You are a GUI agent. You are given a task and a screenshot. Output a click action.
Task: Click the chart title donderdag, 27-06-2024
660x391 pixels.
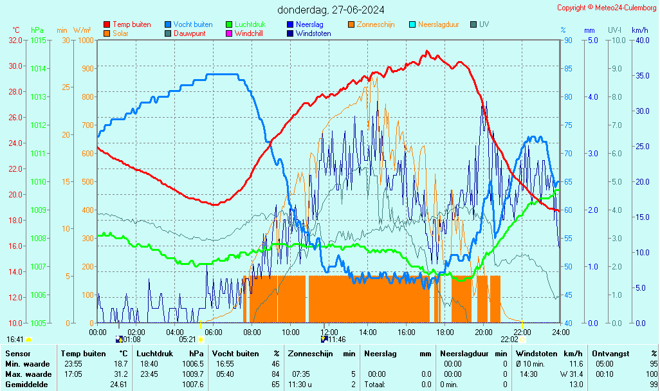[x=331, y=10]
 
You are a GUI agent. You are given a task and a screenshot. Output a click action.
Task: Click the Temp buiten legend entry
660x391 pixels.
[x=131, y=24]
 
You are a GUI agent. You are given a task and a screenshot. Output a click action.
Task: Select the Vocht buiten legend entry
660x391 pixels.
[x=192, y=24]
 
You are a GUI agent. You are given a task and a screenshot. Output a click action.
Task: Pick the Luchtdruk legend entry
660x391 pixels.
[x=253, y=24]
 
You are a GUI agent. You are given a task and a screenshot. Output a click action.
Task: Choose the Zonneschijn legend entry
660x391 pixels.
[x=376, y=24]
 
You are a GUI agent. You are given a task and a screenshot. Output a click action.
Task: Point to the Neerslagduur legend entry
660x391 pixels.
[x=438, y=24]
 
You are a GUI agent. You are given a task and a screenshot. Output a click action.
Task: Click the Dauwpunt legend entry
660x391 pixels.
[x=190, y=33]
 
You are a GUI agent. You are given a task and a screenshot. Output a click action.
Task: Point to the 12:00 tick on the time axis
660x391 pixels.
[x=329, y=332]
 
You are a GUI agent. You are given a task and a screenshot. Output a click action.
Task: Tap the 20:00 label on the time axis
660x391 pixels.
[x=484, y=332]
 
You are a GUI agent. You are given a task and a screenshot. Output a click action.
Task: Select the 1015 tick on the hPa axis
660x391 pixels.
[x=38, y=40]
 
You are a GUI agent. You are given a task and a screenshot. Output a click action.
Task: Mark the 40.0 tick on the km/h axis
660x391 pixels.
[x=641, y=40]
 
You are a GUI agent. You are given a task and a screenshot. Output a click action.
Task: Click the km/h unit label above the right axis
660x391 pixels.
[x=639, y=30]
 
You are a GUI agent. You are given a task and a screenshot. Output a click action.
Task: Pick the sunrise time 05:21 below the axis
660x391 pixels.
[x=187, y=339]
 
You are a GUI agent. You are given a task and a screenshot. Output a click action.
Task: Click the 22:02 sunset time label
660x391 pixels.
[x=509, y=339]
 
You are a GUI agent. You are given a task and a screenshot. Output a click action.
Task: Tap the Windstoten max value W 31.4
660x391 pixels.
[x=571, y=374]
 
